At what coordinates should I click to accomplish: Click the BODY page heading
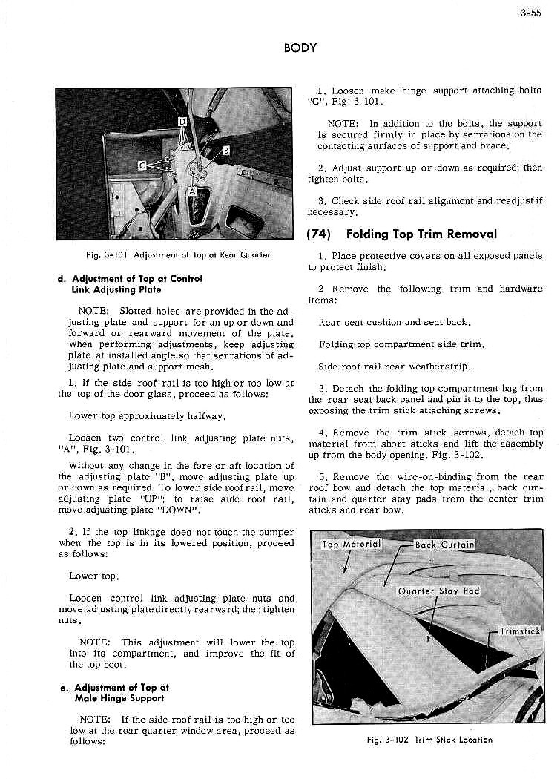click(300, 48)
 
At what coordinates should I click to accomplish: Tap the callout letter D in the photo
click(181, 121)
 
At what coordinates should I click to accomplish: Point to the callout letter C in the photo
click(142, 165)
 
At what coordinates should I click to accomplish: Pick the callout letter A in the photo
click(192, 191)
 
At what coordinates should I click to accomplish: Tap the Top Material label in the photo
click(351, 545)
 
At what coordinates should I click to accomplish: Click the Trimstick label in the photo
click(519, 631)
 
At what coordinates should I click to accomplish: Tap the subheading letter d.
click(59, 279)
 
